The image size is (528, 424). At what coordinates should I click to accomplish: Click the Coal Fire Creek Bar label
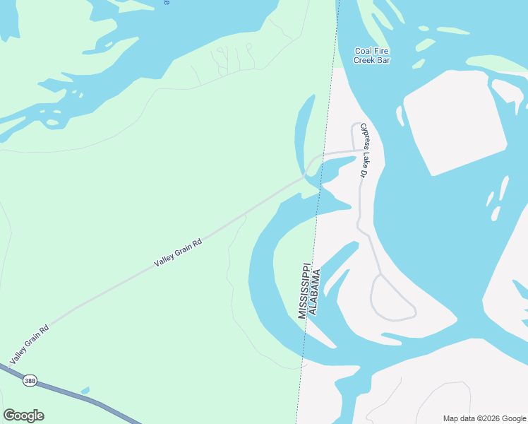(372, 55)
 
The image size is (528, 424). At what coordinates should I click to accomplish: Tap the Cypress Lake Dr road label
(365, 150)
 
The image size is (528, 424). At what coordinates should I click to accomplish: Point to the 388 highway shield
(30, 379)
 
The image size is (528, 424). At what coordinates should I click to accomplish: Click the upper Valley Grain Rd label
(179, 252)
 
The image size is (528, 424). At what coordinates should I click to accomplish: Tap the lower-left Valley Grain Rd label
(29, 342)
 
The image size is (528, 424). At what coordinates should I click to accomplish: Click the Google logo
(23, 416)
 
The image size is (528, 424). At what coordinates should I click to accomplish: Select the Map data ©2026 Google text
(485, 418)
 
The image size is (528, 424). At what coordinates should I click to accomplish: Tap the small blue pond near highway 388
(85, 390)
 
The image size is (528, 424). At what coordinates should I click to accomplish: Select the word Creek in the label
(346, 60)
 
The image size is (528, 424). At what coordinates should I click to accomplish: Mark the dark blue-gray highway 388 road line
(71, 393)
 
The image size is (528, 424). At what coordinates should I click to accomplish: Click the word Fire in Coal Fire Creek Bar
(382, 51)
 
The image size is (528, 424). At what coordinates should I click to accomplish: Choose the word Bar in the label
(383, 60)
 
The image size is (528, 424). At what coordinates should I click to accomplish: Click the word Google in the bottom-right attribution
(513, 418)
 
